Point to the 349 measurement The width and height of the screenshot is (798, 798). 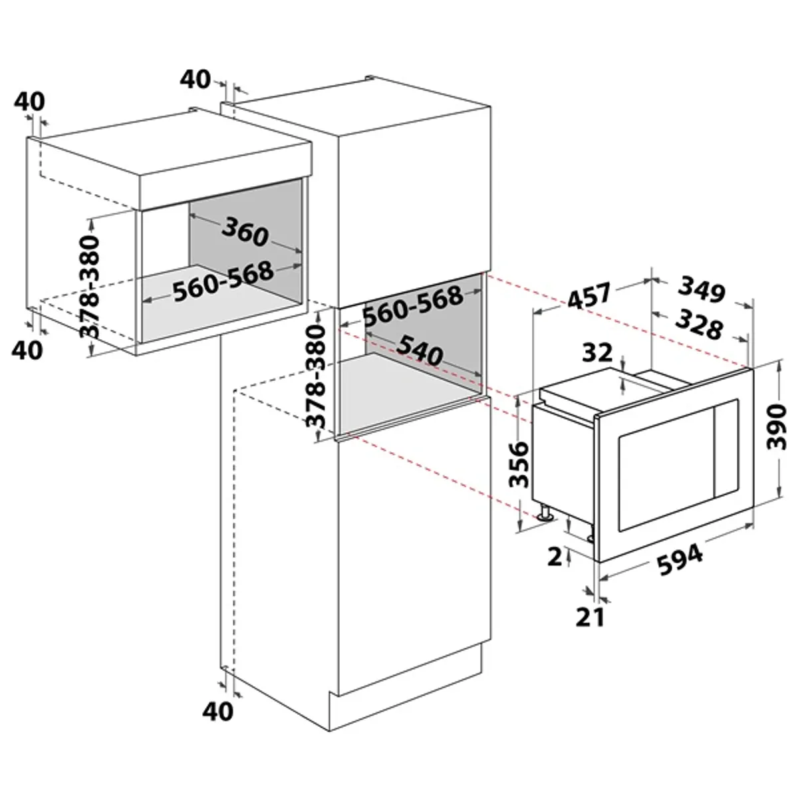701,291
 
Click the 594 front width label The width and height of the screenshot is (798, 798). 680,559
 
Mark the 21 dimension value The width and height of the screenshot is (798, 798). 591,616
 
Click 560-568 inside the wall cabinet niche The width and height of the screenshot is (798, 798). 223,282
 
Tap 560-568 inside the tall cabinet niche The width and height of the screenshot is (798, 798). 412,307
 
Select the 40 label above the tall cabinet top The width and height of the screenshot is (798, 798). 196,79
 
